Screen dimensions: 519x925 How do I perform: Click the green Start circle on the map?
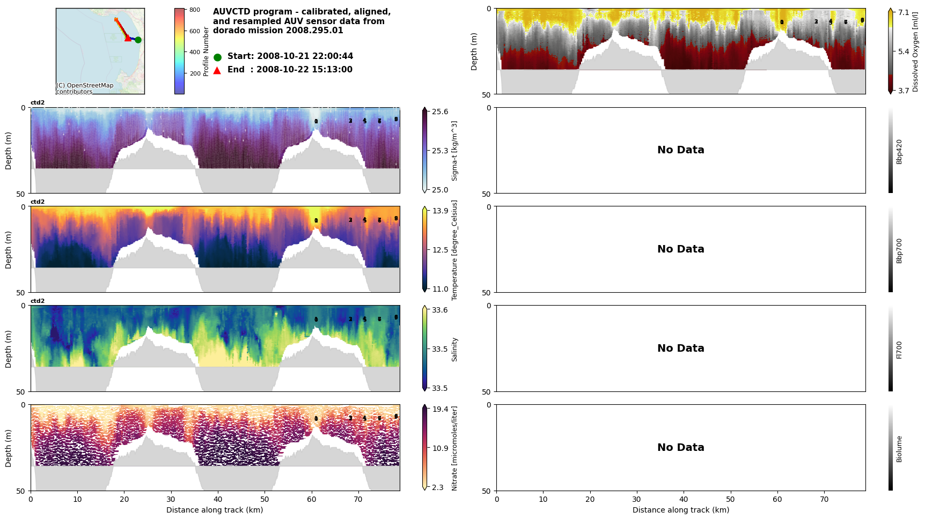(x=138, y=40)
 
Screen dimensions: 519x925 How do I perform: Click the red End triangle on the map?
(x=127, y=38)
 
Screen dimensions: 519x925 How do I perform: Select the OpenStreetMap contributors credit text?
(x=85, y=88)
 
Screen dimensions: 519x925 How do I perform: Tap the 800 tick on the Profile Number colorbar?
(x=194, y=10)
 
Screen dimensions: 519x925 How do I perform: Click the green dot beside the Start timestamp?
(x=217, y=57)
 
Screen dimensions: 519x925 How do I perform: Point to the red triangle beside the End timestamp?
(x=217, y=70)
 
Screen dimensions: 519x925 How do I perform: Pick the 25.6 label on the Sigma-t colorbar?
(x=440, y=112)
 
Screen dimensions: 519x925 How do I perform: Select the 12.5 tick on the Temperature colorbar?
(x=440, y=250)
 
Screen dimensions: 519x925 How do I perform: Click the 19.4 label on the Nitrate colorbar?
(x=440, y=409)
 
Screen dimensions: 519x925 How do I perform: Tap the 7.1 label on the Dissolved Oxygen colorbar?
(x=904, y=12)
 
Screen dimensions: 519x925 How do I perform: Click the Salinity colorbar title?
(x=454, y=349)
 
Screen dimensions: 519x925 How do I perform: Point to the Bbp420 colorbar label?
(x=899, y=151)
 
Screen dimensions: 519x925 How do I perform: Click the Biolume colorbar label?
(x=899, y=449)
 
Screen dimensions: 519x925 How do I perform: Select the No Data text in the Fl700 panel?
(x=680, y=349)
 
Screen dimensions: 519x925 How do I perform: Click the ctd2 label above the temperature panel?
(x=38, y=202)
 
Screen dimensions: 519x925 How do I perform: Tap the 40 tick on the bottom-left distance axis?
(x=218, y=499)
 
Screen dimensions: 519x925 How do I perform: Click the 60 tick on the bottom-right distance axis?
(x=777, y=499)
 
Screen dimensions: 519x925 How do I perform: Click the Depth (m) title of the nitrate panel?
(x=9, y=448)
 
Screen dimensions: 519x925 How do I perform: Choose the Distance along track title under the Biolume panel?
(x=680, y=510)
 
